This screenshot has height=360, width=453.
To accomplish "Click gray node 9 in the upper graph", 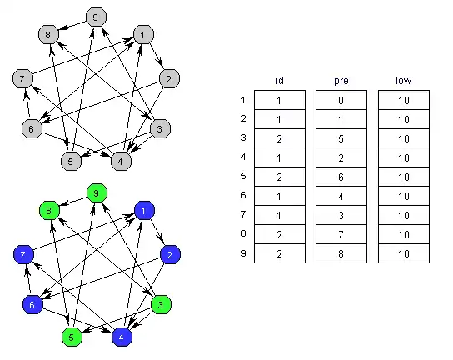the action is [x=97, y=17].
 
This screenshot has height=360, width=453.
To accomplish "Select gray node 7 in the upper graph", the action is [x=22, y=78].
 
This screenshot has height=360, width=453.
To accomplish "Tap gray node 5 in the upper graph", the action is [x=71, y=161].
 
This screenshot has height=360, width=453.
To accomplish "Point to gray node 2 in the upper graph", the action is [x=170, y=78].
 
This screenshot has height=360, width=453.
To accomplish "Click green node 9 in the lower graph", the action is [x=97, y=192].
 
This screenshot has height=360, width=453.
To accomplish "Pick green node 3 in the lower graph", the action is [x=162, y=304].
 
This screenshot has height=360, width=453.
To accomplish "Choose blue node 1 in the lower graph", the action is [x=144, y=210].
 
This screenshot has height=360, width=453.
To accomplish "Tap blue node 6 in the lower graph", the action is [x=32, y=304].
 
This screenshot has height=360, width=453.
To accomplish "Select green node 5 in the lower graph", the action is [x=72, y=337].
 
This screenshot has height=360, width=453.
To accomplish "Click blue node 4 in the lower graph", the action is [x=122, y=337].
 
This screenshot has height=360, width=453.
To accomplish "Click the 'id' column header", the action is [x=280, y=80].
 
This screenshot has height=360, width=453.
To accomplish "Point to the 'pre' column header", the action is [x=341, y=81].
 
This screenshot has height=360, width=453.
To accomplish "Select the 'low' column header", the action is [x=404, y=80].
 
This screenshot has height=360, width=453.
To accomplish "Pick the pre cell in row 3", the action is [x=341, y=138].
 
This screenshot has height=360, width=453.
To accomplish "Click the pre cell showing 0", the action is [x=341, y=100].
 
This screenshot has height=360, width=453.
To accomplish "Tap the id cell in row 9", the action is [x=280, y=253].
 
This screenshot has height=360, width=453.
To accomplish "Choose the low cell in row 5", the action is [x=404, y=177].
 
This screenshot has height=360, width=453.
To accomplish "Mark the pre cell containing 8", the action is [x=341, y=253].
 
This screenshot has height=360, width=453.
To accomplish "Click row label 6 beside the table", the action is [x=243, y=195].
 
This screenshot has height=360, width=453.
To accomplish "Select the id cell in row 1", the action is [x=280, y=100].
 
